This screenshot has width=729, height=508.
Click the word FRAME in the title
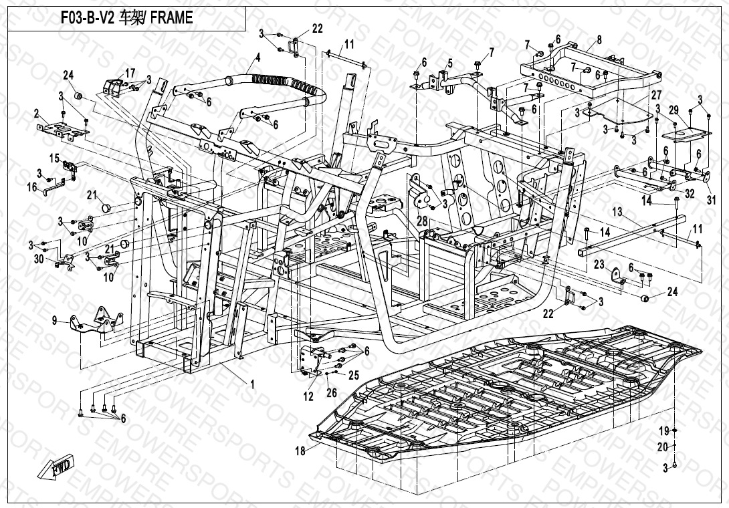coord(171,19)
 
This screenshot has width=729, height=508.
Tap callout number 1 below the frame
coord(252,384)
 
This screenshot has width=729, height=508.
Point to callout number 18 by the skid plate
coord(300,451)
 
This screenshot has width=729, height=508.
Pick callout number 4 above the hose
coord(257,59)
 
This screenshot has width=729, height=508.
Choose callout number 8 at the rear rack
coord(599,39)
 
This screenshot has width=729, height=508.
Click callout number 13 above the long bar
coord(617,212)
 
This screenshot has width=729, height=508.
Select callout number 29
coord(673,109)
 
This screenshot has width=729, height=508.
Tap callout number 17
coord(130,72)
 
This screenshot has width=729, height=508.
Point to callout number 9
coord(55,320)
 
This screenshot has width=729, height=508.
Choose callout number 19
coord(665,429)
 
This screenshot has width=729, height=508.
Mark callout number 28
coord(422,220)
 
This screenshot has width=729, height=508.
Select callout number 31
coord(711,199)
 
